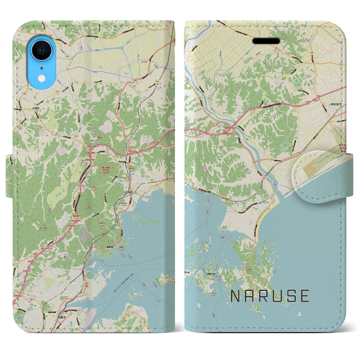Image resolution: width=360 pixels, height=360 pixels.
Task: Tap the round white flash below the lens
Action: [x=42, y=77]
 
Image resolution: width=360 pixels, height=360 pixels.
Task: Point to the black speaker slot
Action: [x=266, y=41]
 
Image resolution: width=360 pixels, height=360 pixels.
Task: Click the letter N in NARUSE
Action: [x=235, y=296]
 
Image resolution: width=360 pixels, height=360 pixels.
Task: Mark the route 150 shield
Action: [x=246, y=140]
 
